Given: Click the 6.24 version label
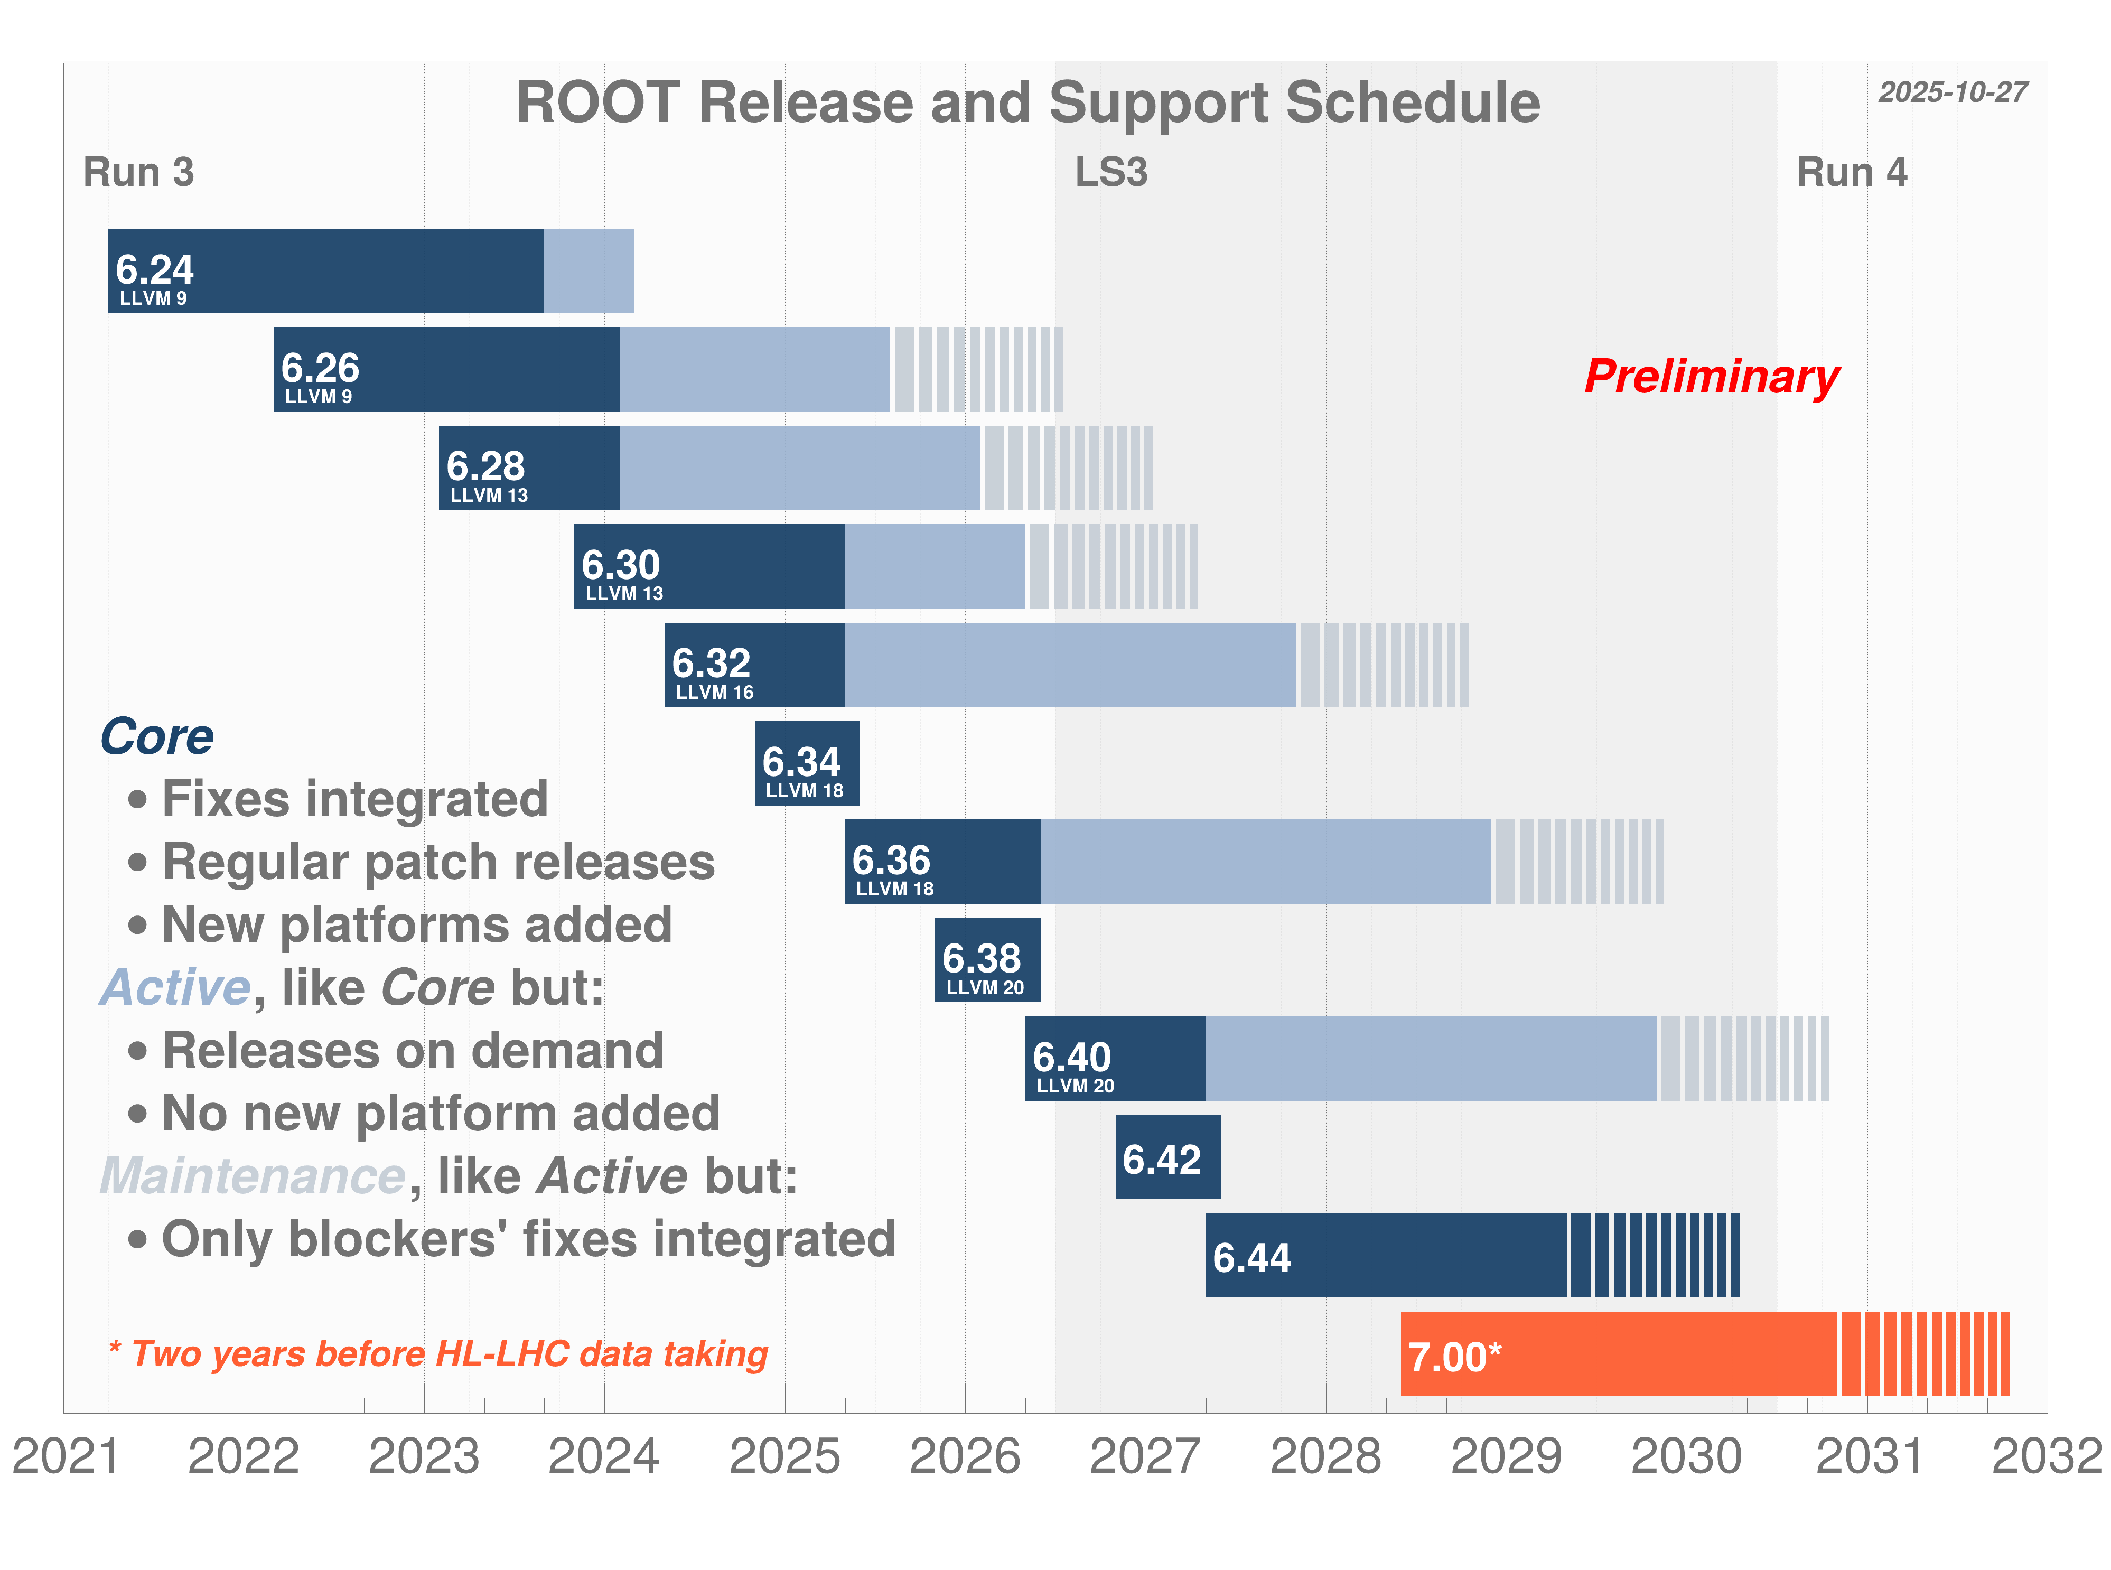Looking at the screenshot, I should pos(154,270).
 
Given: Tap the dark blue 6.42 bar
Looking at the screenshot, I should pos(1166,1156).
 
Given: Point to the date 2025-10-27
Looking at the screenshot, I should pos(1953,92).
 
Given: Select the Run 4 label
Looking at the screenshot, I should pos(1851,173).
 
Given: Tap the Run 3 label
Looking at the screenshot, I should pos(139,173).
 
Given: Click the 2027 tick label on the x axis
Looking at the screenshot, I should pos(1144,1456).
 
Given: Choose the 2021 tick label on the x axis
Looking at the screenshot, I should pos(67,1456).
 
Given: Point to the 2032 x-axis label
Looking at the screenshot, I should pos(2047,1456).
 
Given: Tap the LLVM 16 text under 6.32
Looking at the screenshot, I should pos(714,692).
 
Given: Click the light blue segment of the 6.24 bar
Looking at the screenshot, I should pos(589,271).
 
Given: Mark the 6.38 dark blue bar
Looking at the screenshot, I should pos(987,960).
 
